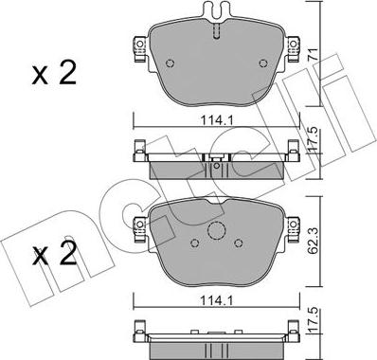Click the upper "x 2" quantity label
click(54, 73)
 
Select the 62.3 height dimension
click(313, 241)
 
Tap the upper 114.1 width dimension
click(217, 120)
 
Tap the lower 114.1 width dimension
click(217, 301)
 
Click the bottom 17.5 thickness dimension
click(313, 321)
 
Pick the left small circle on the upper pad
click(170, 63)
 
